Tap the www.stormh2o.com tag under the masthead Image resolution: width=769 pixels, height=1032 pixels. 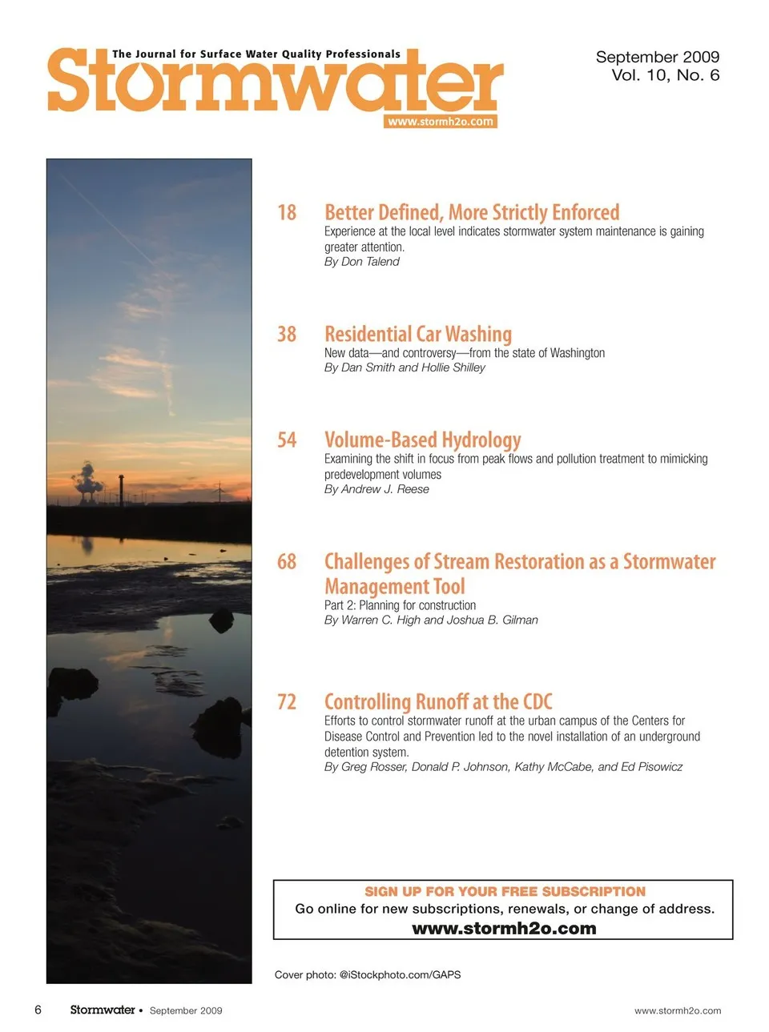tap(441, 122)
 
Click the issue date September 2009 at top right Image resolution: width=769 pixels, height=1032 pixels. tap(657, 57)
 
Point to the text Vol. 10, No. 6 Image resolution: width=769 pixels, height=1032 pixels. tap(665, 75)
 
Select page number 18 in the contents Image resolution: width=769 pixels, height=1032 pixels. tap(287, 213)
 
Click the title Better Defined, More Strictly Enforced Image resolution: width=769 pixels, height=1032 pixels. tap(472, 213)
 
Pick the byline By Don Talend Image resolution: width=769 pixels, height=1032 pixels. tap(361, 262)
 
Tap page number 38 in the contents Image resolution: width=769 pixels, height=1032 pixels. tap(287, 335)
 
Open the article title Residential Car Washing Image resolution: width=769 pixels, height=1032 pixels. tap(417, 335)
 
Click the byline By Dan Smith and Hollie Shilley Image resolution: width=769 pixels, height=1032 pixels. tap(405, 367)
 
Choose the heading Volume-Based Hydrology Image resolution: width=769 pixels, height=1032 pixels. tap(422, 440)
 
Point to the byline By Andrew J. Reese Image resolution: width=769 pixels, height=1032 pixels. tap(376, 489)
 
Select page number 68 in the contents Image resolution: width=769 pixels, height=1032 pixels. tap(287, 562)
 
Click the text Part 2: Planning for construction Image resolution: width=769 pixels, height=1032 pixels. tap(400, 605)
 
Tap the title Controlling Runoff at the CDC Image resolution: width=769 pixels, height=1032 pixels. tap(438, 702)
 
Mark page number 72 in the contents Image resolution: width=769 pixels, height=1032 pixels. tap(287, 702)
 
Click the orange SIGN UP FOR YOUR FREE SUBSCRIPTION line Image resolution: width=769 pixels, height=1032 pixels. tap(505, 892)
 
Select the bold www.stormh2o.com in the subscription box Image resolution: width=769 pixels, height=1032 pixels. tap(504, 929)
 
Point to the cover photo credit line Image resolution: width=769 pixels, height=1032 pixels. tap(368, 975)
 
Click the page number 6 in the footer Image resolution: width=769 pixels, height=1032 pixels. tap(38, 1010)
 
